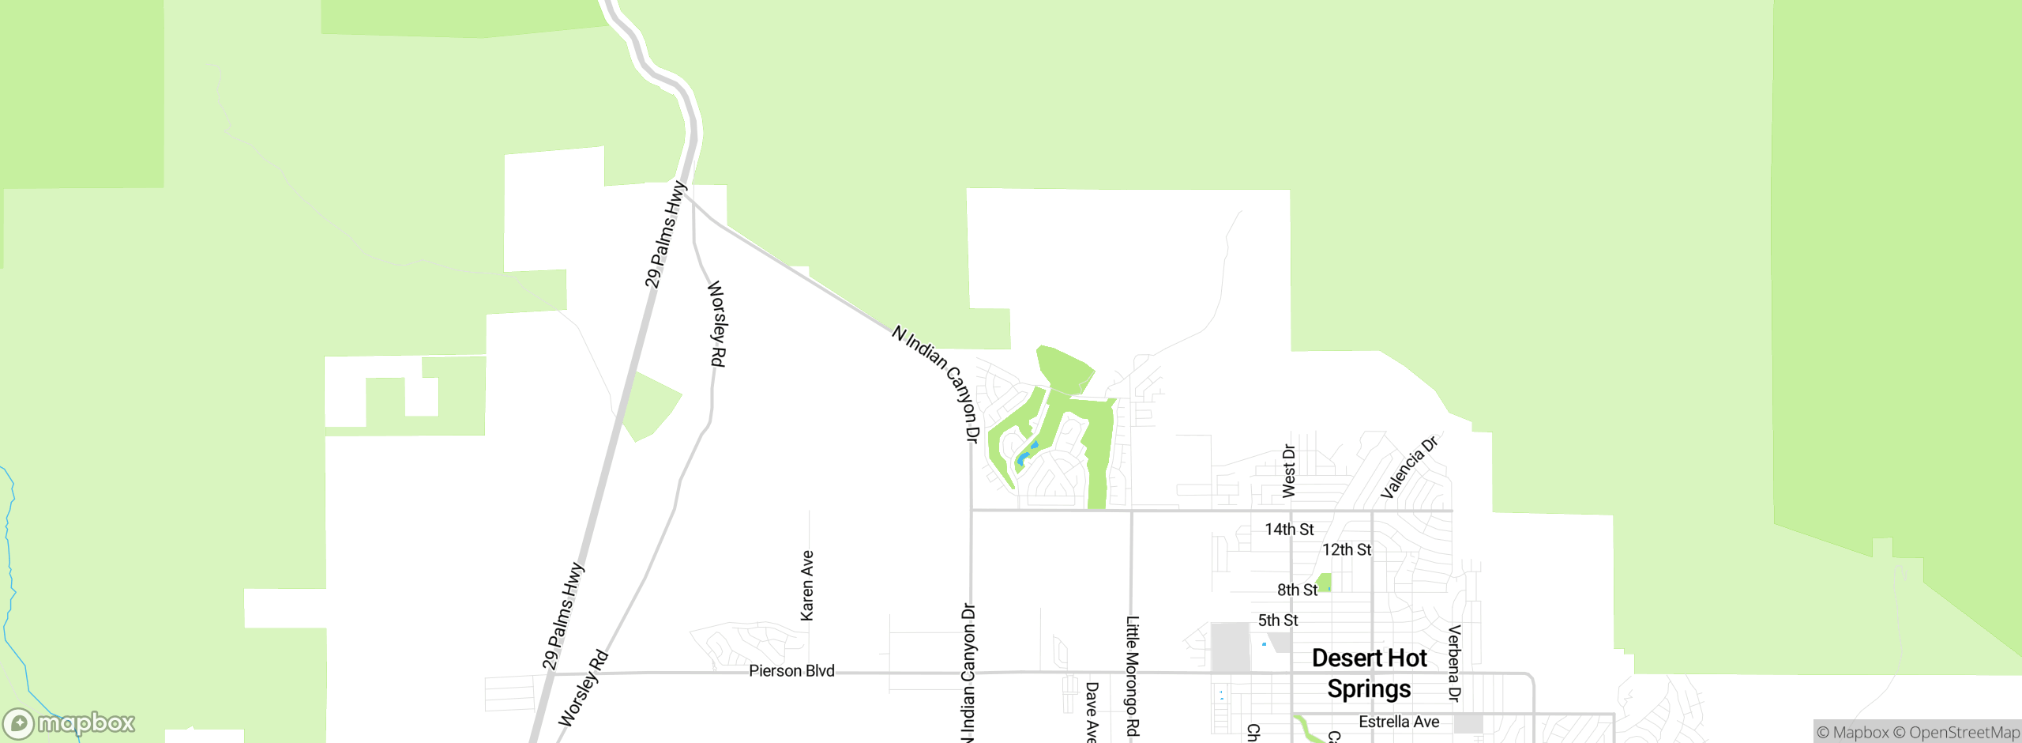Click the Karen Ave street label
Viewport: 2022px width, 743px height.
click(x=806, y=586)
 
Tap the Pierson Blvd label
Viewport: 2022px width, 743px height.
click(x=791, y=671)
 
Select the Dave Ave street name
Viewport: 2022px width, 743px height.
click(x=1092, y=711)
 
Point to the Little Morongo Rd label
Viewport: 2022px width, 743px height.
click(x=1132, y=676)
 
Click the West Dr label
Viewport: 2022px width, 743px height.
click(x=1289, y=471)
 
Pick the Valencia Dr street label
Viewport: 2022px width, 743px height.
click(x=1409, y=467)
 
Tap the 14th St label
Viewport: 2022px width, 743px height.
click(x=1289, y=530)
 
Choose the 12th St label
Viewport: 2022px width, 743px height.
click(x=1347, y=550)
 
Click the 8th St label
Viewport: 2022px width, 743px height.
click(x=1297, y=590)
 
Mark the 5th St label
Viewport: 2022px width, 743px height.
click(x=1278, y=620)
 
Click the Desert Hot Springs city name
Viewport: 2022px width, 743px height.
click(x=1369, y=673)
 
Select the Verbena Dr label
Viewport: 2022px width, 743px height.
click(x=1454, y=663)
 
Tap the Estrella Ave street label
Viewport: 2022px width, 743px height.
click(x=1399, y=722)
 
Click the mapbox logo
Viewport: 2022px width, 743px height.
click(x=70, y=723)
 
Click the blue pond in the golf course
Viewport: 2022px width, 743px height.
click(x=1025, y=456)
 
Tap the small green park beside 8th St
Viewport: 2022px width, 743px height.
click(x=1325, y=583)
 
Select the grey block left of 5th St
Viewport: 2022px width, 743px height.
click(x=1230, y=647)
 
